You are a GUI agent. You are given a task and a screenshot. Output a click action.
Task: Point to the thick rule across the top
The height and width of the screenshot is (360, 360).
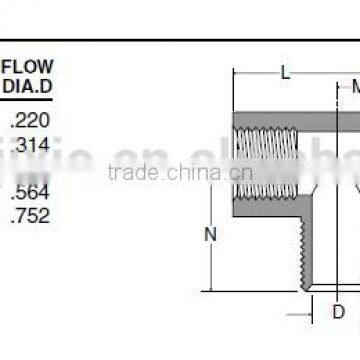(x=180, y=40)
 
